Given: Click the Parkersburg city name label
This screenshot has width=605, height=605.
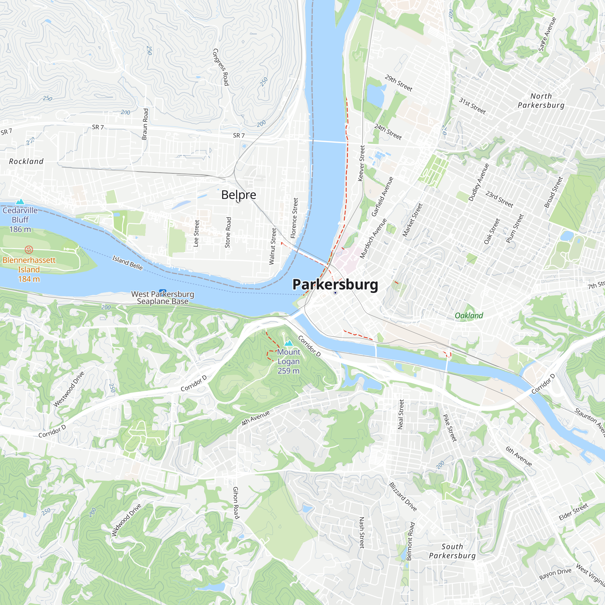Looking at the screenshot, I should (x=335, y=284).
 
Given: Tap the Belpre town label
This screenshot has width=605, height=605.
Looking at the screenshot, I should (x=239, y=195).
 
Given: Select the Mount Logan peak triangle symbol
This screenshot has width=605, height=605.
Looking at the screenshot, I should (x=288, y=343).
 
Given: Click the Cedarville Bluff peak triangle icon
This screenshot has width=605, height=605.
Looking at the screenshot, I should (x=20, y=202).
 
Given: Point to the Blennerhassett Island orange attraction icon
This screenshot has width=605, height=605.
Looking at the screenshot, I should (x=29, y=250).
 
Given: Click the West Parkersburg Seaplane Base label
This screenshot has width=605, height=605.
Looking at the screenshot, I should (x=162, y=297).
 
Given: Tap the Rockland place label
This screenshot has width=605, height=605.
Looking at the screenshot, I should (x=26, y=161).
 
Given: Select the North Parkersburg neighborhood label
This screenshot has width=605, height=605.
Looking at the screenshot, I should (x=541, y=100).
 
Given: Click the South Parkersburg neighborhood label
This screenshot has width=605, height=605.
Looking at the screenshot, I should (x=452, y=551).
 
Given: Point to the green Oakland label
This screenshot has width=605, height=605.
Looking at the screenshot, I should (x=469, y=315).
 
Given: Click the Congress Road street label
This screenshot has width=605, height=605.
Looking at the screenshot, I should (x=221, y=67).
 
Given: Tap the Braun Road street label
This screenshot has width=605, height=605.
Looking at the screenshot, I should (x=145, y=124).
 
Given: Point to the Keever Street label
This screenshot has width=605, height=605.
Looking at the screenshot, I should (x=361, y=163).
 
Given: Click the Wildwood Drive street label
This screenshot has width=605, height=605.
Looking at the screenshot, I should (x=126, y=520).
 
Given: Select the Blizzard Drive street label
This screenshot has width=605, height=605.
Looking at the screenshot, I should (x=403, y=497).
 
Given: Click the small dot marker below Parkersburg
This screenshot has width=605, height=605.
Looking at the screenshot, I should (x=335, y=293).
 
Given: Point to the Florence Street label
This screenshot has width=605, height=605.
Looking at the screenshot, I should (x=294, y=217).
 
